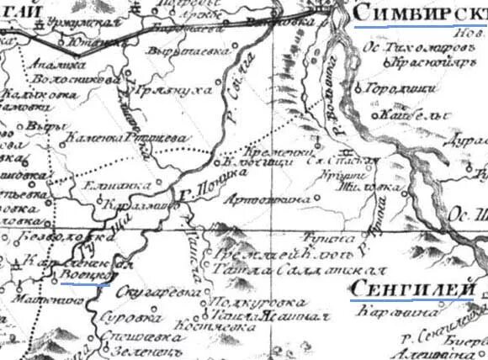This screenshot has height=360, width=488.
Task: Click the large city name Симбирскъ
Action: point(418,13)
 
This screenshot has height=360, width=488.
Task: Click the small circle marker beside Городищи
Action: point(359,86)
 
